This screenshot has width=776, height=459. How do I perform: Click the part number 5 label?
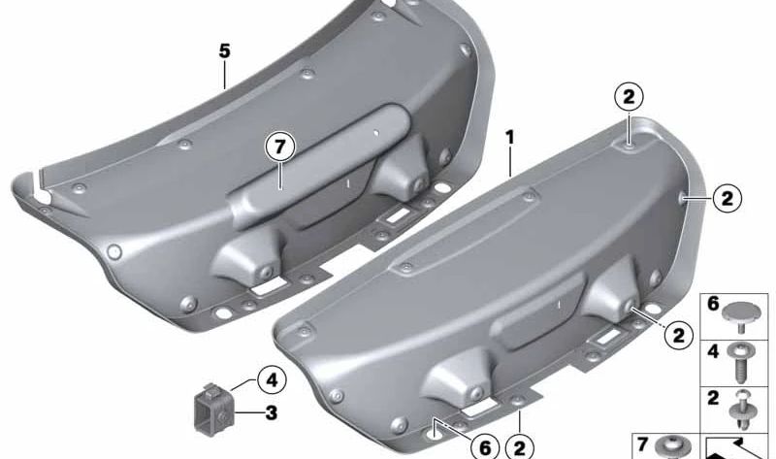point(225,51)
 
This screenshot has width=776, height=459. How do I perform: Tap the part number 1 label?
point(510,138)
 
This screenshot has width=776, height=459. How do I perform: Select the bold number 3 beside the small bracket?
point(272,412)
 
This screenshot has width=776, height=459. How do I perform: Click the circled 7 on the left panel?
point(279,148)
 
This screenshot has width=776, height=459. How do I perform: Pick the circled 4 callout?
point(273,380)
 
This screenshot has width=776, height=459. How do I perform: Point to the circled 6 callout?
point(484,447)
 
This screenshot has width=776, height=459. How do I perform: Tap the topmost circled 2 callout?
point(629,97)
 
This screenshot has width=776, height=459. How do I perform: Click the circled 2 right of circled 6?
point(519,447)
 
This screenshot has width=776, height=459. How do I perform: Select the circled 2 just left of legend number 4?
point(678,335)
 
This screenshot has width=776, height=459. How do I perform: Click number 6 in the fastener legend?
point(713,304)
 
